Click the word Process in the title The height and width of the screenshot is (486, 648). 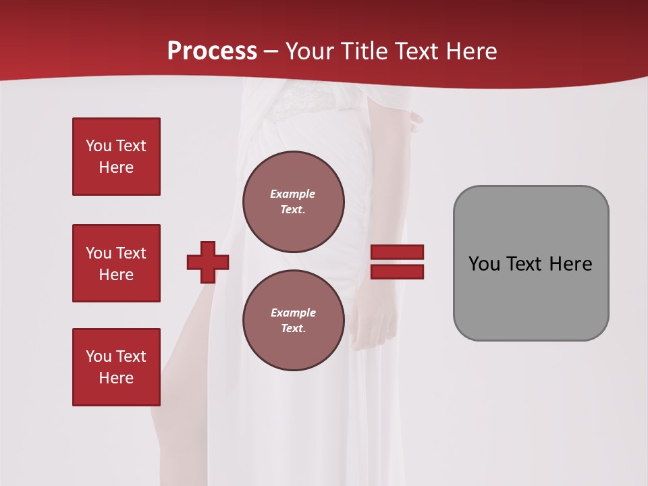[212, 51]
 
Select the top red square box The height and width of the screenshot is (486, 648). [116, 157]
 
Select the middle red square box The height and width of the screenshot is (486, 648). [116, 263]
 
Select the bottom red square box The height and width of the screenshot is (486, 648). [116, 367]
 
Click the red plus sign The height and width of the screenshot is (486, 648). [208, 262]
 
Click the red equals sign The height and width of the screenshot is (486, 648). [397, 262]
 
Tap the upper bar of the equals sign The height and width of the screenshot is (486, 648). [397, 252]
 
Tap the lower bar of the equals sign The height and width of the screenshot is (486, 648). [397, 271]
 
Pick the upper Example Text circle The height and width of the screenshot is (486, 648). [293, 201]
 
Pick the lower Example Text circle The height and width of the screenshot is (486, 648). [293, 320]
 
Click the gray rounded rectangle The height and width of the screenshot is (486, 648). [531, 297]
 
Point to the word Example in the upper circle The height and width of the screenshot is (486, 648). [293, 194]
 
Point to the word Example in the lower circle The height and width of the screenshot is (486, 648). [293, 313]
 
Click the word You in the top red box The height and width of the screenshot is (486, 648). [99, 146]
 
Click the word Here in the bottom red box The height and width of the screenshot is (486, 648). [116, 378]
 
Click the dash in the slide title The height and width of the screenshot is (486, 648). [271, 51]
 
